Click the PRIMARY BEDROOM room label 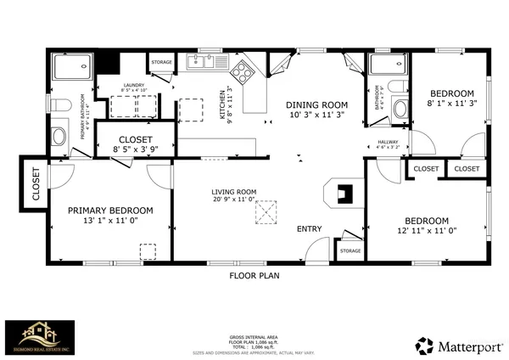click(110, 211)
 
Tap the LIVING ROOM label click(234, 192)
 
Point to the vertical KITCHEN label click(223, 104)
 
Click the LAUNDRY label click(132, 85)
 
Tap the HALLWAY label click(388, 142)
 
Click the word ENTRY click(309, 229)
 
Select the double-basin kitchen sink click(202, 61)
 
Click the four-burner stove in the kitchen click(243, 71)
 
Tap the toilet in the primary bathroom click(59, 104)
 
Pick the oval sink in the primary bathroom click(59, 136)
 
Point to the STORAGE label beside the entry click(350, 250)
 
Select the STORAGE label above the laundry click(161, 62)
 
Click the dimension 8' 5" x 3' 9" click(135, 149)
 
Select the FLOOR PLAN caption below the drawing click(255, 276)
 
